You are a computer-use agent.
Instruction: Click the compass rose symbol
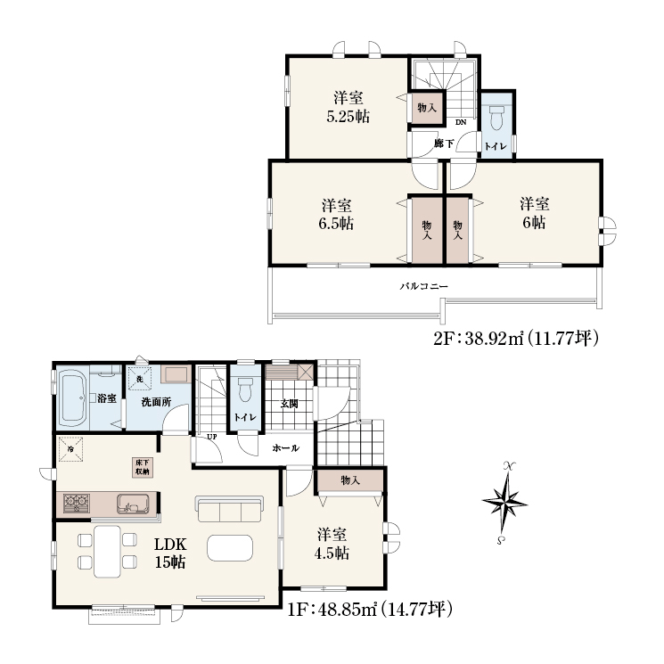pos(504,503)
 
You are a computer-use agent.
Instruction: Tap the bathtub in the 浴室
pos(72,398)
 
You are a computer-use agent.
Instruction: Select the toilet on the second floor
pos(496,117)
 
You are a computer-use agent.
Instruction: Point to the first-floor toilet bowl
pos(245,389)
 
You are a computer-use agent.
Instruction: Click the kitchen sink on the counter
pos(134,504)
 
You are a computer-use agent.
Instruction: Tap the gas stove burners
pos(77,504)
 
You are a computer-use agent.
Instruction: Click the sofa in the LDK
pos(229,509)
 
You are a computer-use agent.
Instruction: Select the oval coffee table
pos(230,548)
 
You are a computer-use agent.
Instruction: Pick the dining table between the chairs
pos(107,552)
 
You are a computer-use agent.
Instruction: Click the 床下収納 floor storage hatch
pos(142,467)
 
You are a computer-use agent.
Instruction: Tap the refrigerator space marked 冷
pos(70,448)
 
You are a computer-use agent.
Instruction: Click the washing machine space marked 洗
pos(139,378)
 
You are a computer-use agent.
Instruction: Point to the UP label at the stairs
pos(212,437)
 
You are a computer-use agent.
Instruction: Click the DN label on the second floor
pos(461,122)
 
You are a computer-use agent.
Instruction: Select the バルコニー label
pos(424,286)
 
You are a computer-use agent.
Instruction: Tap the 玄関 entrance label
pos(290,404)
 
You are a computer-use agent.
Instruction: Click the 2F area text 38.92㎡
pos(495,339)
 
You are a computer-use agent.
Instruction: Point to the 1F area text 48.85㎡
pos(348,610)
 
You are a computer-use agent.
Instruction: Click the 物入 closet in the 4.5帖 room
pos(350,480)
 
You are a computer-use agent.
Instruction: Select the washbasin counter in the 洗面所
pos(176,374)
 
